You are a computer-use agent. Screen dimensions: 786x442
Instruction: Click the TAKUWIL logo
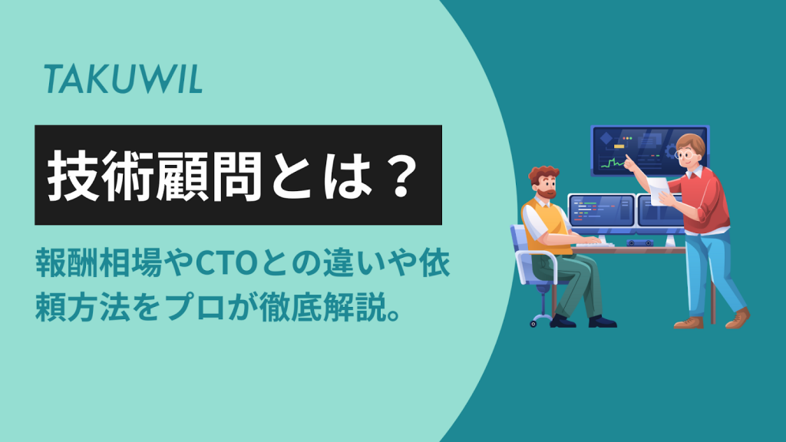123,79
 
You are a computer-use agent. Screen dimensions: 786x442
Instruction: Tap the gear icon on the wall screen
670,150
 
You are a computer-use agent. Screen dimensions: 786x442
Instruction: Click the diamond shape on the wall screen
606,139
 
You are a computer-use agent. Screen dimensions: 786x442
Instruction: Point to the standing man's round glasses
684,155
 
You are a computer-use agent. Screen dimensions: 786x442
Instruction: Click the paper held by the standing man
659,190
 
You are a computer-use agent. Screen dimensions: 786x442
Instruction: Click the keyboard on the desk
595,245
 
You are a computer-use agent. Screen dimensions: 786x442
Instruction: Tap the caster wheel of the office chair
533,324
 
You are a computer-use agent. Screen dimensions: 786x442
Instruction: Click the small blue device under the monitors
639,243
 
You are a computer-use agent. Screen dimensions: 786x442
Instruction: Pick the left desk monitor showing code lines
602,210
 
